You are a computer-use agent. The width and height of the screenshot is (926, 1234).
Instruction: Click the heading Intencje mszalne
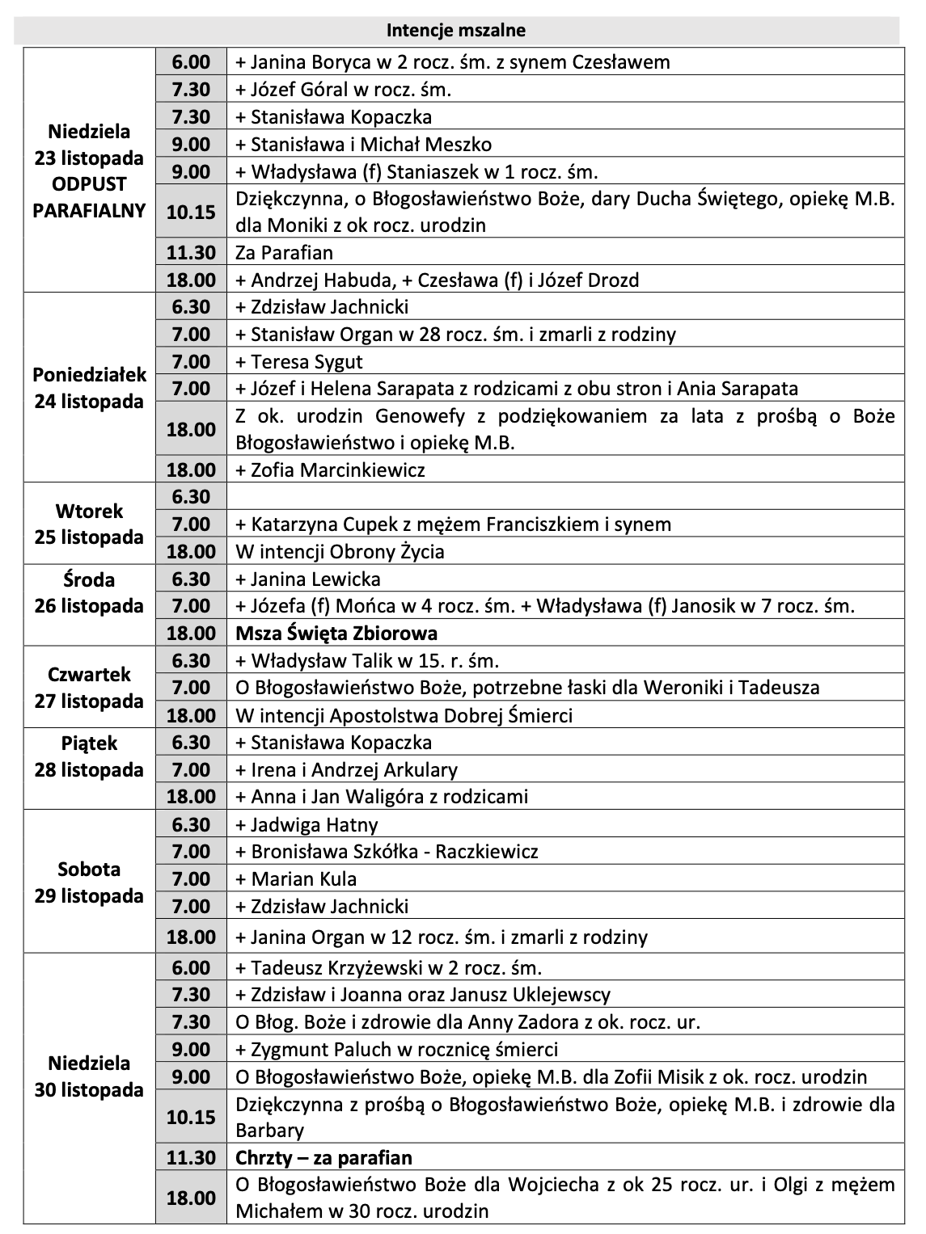(456, 31)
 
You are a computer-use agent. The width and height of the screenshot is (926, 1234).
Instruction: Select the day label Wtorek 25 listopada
(89, 524)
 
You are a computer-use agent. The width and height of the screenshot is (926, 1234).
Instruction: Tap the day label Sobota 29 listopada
(89, 882)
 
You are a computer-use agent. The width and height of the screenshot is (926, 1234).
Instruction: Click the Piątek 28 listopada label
(89, 756)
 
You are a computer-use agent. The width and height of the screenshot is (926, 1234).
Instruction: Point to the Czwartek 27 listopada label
(89, 688)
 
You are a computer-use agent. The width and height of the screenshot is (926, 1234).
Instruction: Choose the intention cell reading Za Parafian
(284, 253)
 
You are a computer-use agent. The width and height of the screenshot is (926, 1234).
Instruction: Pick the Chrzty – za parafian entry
(323, 1157)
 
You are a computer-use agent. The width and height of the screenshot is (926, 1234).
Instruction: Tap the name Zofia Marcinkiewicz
(330, 470)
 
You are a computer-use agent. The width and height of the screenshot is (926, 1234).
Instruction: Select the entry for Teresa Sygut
(299, 361)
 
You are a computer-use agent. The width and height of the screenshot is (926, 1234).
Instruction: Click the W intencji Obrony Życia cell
(340, 551)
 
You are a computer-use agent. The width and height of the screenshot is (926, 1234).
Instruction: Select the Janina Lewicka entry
(308, 579)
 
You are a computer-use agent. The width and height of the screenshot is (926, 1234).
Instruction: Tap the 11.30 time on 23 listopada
(191, 253)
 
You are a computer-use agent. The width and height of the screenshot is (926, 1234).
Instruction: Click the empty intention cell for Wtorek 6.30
(566, 496)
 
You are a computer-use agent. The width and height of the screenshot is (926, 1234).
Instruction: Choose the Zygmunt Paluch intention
(396, 1049)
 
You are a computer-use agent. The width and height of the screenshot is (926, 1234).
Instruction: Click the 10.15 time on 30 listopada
(191, 1117)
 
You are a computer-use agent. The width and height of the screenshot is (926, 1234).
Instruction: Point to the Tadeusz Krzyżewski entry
(388, 967)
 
